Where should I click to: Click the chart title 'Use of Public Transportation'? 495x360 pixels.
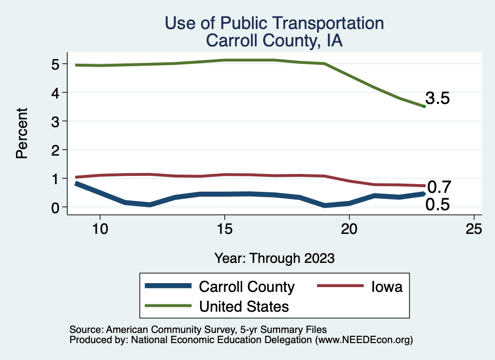click(274, 23)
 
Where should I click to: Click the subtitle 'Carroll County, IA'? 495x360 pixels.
click(274, 41)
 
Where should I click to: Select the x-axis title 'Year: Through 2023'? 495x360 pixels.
click(275, 258)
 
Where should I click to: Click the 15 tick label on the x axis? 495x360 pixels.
click(224, 229)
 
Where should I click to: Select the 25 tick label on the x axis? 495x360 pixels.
click(474, 229)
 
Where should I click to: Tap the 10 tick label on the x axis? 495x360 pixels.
click(100, 229)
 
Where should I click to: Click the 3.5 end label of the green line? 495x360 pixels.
click(437, 99)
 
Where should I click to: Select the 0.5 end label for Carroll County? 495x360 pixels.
click(437, 205)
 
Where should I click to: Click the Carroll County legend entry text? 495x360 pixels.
click(247, 287)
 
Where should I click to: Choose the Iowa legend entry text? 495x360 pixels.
click(387, 287)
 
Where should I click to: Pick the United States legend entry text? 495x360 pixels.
click(244, 306)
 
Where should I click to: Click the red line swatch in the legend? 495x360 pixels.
click(340, 287)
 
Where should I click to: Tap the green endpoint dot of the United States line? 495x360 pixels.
click(424, 106)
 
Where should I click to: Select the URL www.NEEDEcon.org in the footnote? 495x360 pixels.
click(363, 340)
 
